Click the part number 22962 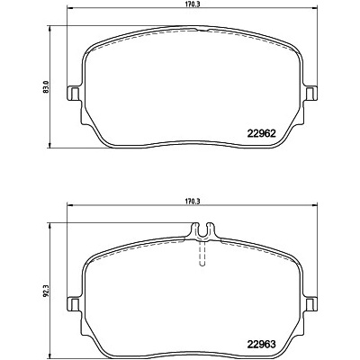pos(261,133)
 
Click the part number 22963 pos(261,345)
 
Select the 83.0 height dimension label pos(46,86)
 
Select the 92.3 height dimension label pos(46,290)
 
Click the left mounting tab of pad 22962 pos(74,94)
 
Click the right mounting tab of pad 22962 pos(310,94)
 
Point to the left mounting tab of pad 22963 pos(74,304)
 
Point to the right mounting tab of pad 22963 pos(310,304)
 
